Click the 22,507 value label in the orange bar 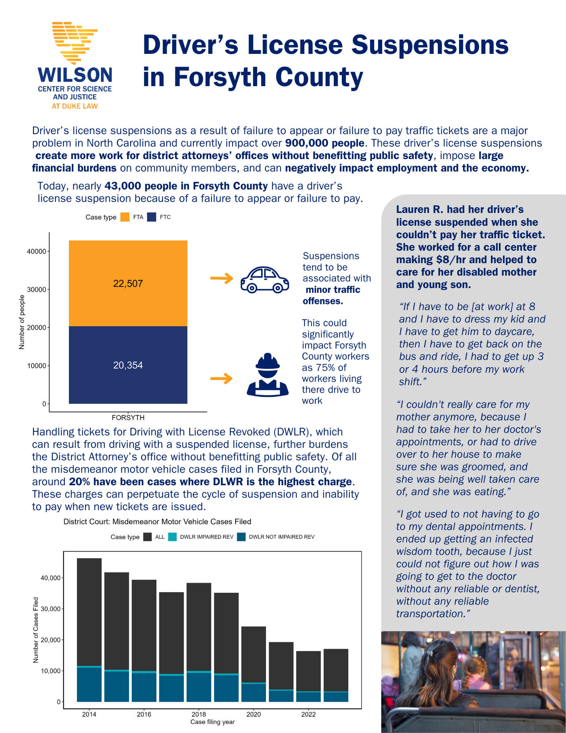128,284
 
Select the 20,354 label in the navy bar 128,365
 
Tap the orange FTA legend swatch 125,217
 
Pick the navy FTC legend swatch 152,217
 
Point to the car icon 264,280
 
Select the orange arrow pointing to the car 222,279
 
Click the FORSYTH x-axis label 128,417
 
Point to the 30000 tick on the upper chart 37,290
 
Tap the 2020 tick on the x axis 254,714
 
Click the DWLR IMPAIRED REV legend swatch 172,537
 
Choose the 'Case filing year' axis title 212,722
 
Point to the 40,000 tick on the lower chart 51,578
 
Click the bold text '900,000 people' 325,143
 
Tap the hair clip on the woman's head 430,653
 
